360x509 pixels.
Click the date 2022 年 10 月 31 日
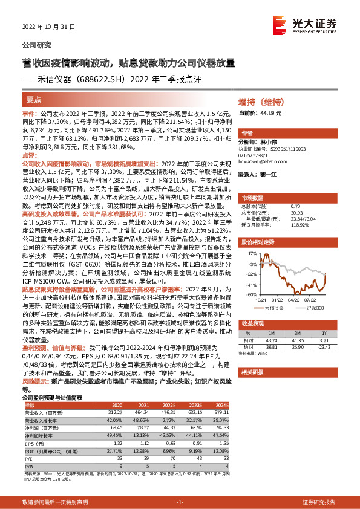coord(44,27)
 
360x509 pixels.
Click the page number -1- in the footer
coord(179,502)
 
